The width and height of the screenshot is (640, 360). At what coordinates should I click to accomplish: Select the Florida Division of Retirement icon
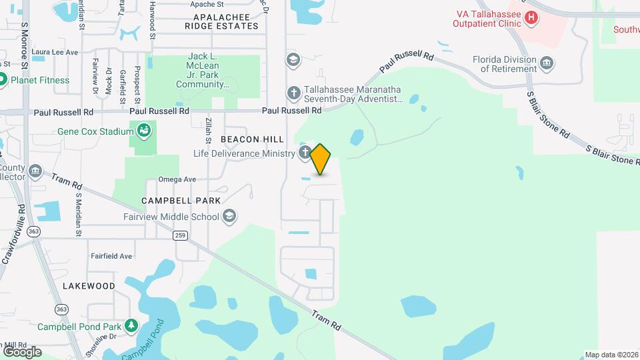point(547,63)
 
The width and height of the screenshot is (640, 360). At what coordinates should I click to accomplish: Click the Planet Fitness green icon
point(3,80)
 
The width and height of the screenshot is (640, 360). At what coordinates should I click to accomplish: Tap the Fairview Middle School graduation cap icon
point(229,216)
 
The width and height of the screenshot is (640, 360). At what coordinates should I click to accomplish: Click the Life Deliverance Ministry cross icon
point(304,153)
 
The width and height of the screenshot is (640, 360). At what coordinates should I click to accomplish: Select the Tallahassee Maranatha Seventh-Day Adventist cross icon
point(293,93)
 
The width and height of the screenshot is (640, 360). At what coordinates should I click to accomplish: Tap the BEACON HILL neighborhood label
point(252,139)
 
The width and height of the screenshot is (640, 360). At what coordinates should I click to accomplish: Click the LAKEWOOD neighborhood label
point(89,285)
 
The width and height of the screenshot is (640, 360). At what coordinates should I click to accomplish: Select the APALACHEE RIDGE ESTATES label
point(221,21)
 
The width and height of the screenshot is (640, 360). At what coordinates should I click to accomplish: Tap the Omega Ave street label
point(177,179)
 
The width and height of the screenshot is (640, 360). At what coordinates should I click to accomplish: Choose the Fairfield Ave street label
point(111,256)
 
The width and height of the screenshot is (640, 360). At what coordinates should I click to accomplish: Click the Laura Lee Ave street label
point(55,52)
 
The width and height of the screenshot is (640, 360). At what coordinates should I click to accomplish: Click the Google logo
point(22,351)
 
